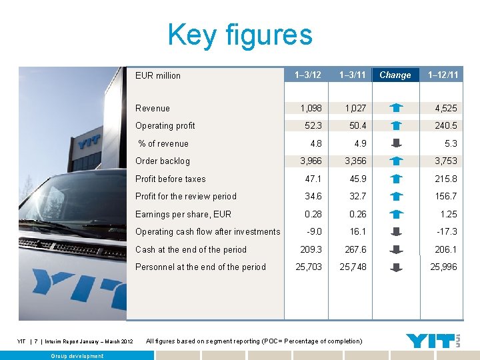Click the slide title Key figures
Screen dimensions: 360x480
(240, 35)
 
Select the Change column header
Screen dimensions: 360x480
(395, 75)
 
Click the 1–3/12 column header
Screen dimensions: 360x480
(307, 75)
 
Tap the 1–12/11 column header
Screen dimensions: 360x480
(443, 75)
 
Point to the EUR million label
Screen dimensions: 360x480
(158, 75)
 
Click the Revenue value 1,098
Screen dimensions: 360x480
(311, 108)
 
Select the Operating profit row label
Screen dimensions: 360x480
(165, 125)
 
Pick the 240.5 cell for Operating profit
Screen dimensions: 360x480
(445, 125)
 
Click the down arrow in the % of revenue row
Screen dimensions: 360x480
(396, 143)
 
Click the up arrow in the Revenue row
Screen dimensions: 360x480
(396, 107)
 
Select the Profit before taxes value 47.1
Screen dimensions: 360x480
(313, 179)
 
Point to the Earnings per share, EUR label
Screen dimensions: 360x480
(183, 214)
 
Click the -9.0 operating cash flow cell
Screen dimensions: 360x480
(314, 231)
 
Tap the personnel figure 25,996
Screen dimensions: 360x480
(443, 267)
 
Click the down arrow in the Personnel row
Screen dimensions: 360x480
(396, 267)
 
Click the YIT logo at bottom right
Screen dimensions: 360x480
(433, 341)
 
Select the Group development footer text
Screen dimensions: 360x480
(77, 356)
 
